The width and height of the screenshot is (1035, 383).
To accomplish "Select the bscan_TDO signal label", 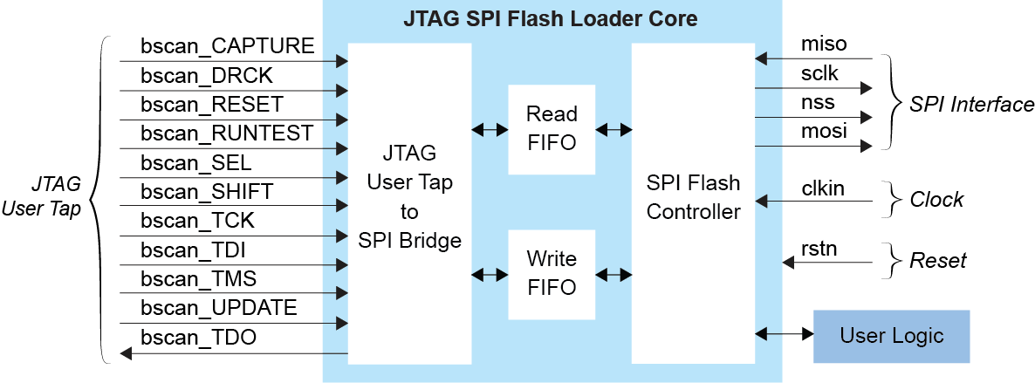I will (199, 338).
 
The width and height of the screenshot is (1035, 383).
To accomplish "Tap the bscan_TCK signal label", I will (198, 221).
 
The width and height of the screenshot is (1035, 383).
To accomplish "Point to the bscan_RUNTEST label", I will (227, 133).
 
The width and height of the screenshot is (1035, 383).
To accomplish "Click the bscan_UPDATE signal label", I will (219, 308).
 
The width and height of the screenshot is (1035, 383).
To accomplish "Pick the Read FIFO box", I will (552, 129).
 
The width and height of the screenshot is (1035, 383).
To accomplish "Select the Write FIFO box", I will (552, 274).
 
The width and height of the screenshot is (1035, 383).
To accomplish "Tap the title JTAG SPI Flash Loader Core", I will (552, 17).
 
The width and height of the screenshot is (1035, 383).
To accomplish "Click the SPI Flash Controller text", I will (693, 197).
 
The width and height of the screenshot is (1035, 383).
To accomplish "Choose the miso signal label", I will (824, 44).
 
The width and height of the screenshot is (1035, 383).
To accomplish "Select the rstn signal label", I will (819, 248).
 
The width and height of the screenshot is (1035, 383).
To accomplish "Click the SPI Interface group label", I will (971, 105).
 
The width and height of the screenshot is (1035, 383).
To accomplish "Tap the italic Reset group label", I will (937, 260).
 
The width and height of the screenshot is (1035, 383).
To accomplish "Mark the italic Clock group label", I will (936, 200).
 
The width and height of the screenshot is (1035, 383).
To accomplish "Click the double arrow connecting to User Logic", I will (784, 334).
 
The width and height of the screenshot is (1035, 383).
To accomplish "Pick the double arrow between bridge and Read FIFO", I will (490, 130).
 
